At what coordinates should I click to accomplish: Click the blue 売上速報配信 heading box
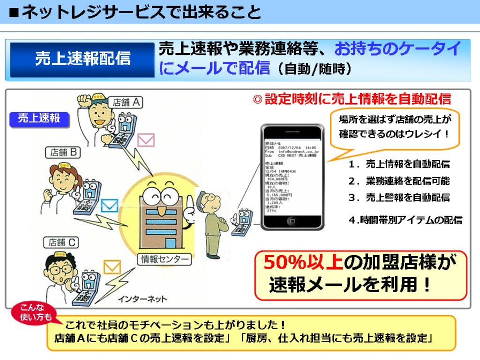click(82, 60)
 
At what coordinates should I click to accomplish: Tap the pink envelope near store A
click(145, 140)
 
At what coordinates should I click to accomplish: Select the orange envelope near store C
click(112, 267)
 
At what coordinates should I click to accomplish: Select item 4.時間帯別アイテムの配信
click(405, 220)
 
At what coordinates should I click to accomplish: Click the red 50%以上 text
click(303, 262)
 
